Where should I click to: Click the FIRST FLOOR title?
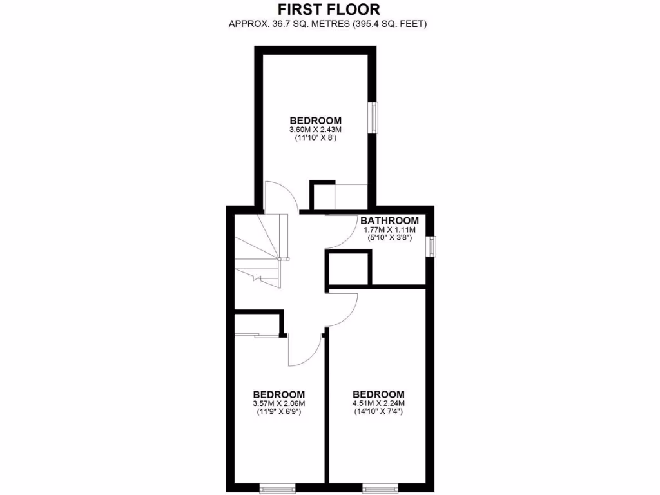coord(329,9)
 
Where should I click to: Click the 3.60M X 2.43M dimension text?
coord(315,130)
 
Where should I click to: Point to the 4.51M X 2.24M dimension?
coord(378,404)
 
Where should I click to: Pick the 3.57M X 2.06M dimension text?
coord(278,404)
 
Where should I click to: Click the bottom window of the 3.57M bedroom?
coord(277,489)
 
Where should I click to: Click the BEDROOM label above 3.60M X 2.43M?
coord(315,121)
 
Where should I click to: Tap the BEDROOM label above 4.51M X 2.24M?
coord(378,394)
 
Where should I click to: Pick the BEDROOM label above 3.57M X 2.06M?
coord(278,394)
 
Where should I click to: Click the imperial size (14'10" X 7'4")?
coord(378,413)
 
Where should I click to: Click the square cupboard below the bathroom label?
coord(349,268)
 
